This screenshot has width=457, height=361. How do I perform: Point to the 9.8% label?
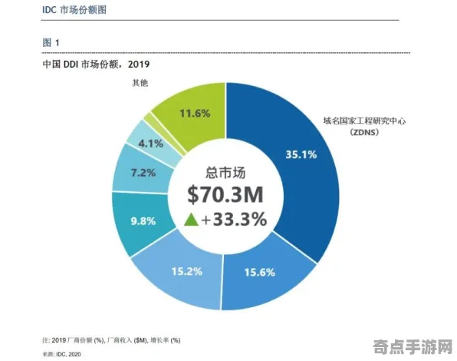143,220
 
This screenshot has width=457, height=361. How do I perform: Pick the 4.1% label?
150,143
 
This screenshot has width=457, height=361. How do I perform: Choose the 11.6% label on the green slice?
195,113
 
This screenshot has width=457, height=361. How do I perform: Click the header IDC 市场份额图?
74,11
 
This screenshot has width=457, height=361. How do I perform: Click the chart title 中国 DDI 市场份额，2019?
96,65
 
